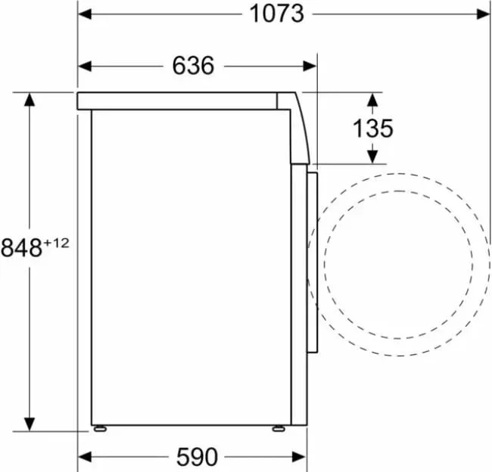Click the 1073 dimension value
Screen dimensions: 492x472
click(276, 14)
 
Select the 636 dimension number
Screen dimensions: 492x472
click(193, 66)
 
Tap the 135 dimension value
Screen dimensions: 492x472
click(372, 129)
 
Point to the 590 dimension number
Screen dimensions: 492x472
click(197, 457)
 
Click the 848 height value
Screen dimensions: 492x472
click(21, 248)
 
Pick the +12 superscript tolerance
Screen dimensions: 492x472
click(56, 243)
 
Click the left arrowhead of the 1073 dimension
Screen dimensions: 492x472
click(85, 14)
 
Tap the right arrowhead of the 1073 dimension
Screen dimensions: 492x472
click(483, 14)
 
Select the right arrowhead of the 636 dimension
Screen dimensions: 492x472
click(310, 66)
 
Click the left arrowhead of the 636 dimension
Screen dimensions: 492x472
click(85, 66)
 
